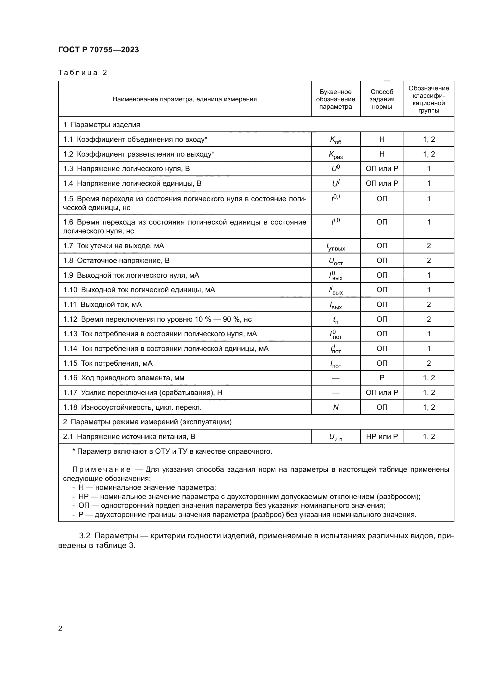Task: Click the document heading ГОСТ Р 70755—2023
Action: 98,50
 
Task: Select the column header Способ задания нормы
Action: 381,99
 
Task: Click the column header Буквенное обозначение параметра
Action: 336,99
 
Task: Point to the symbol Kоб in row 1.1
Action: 336,140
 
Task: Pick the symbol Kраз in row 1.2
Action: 336,155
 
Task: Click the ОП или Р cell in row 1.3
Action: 381,168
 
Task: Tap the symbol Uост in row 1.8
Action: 336,261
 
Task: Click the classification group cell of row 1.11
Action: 428,304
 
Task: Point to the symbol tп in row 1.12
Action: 336,320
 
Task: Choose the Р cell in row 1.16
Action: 381,378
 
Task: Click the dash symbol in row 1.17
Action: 336,393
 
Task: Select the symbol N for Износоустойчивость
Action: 336,407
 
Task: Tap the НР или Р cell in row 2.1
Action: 381,436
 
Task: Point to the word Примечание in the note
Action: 101,469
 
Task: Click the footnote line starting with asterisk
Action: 172,451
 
